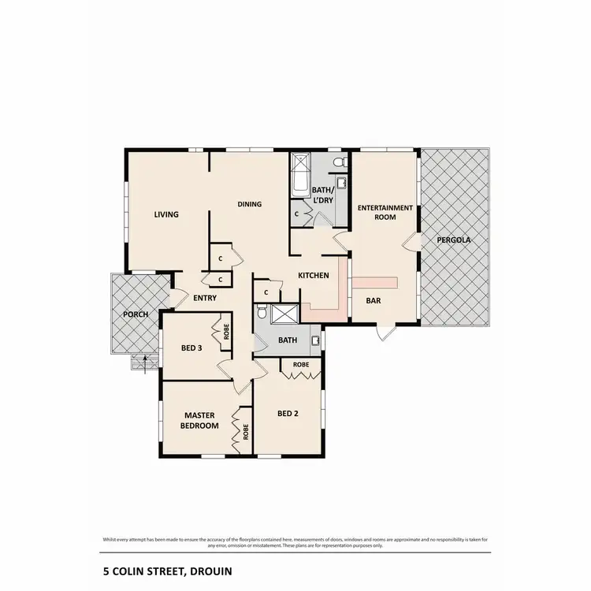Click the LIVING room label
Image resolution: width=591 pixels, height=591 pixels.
166,214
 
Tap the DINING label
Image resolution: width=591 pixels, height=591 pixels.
249,205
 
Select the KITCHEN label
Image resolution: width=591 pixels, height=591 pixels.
313,276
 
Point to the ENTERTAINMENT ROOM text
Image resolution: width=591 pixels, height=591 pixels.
385,213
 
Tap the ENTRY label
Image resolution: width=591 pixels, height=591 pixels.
205,298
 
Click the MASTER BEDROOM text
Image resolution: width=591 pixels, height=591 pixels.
201,420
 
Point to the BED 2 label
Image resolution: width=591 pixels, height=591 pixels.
288,413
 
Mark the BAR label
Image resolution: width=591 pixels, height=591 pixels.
374,300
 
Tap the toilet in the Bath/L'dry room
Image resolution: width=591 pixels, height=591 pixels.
338,163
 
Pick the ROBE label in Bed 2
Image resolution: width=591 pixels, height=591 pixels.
300,365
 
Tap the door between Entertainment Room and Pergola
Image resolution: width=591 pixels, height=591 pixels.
411,243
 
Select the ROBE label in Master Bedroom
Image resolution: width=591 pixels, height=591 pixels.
247,432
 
